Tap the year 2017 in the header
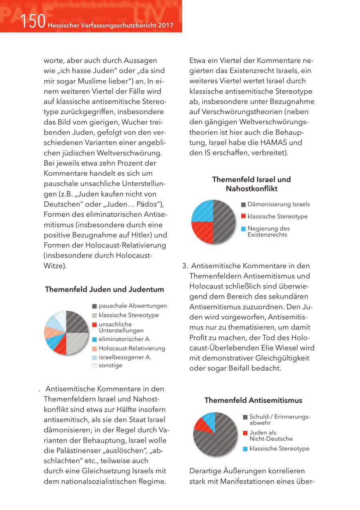(x=166, y=26)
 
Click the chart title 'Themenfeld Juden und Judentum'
(x=104, y=289)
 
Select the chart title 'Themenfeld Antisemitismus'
(x=253, y=400)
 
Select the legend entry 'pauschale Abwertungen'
(x=132, y=306)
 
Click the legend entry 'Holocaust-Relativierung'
(x=132, y=348)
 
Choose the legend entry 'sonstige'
(x=110, y=365)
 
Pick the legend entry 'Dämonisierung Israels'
(x=278, y=204)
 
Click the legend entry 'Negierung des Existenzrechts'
(x=268, y=231)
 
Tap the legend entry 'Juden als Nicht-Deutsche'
(x=271, y=436)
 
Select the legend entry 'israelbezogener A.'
(x=124, y=357)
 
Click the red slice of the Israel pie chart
(x=201, y=232)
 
